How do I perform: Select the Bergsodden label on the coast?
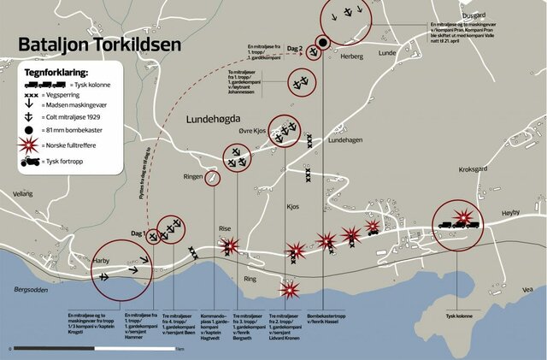point(33,289)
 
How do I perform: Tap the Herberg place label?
point(352,56)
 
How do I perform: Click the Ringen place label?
point(192,176)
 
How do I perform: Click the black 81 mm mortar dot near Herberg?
point(323,43)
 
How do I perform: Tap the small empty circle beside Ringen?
point(212,178)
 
